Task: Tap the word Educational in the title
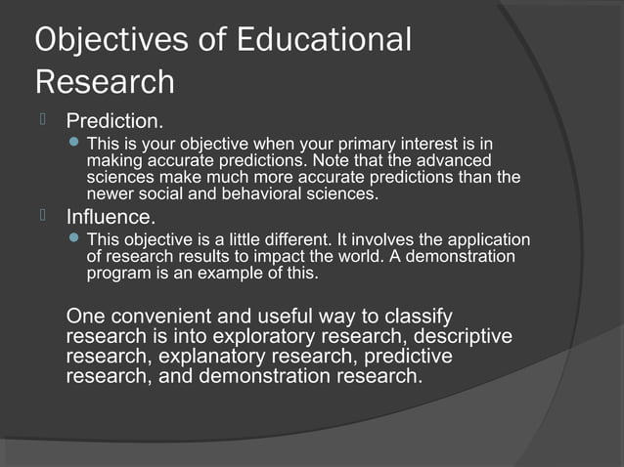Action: (x=331, y=40)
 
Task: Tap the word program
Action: (x=118, y=273)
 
